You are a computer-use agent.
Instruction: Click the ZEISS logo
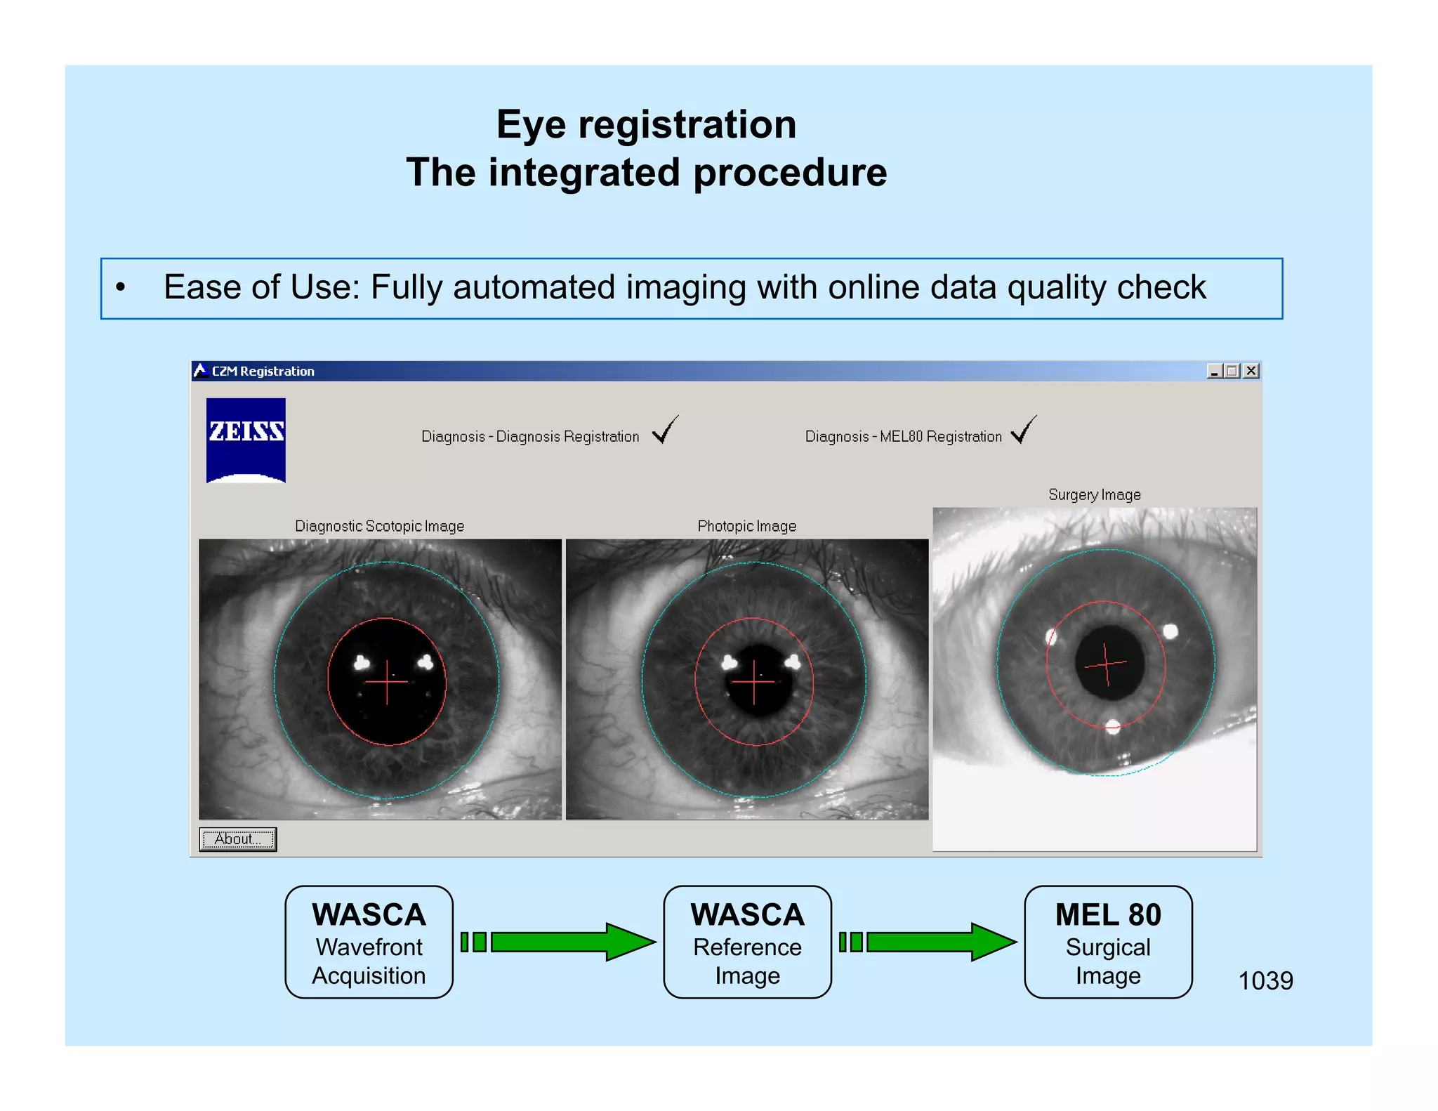coord(246,440)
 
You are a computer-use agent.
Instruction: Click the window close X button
coord(1251,371)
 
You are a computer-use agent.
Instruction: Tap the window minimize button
coord(1214,371)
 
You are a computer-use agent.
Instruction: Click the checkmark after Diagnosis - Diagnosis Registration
coord(665,430)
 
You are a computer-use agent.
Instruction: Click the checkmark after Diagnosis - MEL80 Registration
coord(1024,430)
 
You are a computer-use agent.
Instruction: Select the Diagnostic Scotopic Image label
coord(379,526)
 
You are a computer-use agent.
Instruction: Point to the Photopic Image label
coord(746,526)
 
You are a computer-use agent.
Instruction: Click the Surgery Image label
coord(1094,494)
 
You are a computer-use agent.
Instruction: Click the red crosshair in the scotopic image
coord(387,682)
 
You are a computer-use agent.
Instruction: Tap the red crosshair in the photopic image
coord(754,682)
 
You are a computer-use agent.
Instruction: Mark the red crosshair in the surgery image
coord(1106,664)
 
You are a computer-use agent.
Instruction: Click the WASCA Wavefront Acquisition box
coord(369,942)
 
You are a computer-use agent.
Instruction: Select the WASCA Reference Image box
coord(747,942)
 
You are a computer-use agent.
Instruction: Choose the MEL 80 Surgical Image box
coord(1107,942)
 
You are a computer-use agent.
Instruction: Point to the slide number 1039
coord(1265,980)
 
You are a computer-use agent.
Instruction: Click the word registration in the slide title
coord(687,125)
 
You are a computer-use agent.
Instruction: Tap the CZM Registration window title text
coord(263,372)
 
